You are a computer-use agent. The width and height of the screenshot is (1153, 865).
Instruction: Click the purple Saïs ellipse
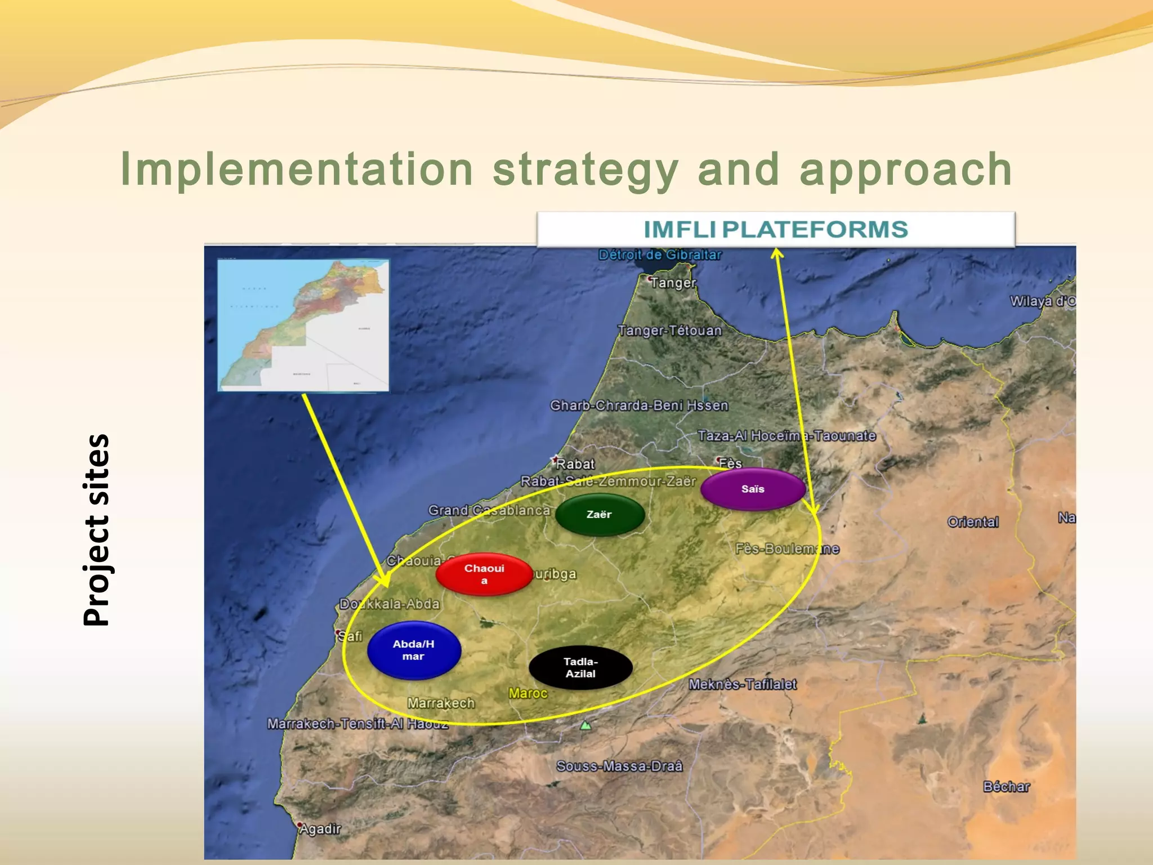tap(753, 489)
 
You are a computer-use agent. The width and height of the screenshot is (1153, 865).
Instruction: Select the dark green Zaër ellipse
tap(600, 514)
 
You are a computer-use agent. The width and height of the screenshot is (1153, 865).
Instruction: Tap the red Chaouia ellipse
tap(484, 574)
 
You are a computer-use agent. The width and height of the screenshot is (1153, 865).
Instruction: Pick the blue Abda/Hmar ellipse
tap(414, 650)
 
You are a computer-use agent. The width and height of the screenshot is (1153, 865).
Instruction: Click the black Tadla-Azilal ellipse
tap(580, 667)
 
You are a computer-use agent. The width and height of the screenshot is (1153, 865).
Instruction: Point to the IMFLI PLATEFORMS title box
tap(775, 229)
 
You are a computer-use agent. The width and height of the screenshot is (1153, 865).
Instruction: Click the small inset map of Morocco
tap(303, 325)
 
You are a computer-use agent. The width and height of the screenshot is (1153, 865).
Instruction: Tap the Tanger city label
tap(673, 283)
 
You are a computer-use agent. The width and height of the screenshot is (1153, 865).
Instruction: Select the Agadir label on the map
tap(320, 829)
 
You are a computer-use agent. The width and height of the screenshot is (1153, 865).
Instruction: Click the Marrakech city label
tap(441, 703)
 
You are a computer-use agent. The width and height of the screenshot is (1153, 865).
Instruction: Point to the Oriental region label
tap(973, 522)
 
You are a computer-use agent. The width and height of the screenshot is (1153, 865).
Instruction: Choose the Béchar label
tap(1007, 787)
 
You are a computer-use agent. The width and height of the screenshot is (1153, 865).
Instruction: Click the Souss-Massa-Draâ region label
tap(619, 766)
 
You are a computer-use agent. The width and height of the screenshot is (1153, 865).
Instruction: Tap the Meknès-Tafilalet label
tap(743, 684)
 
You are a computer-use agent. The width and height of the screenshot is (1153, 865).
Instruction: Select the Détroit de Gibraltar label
tap(660, 255)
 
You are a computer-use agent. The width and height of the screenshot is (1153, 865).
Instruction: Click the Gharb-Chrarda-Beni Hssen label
tap(639, 405)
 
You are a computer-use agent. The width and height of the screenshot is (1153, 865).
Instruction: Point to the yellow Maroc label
tap(528, 693)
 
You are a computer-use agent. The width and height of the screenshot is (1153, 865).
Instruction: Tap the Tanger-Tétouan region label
tap(669, 331)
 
